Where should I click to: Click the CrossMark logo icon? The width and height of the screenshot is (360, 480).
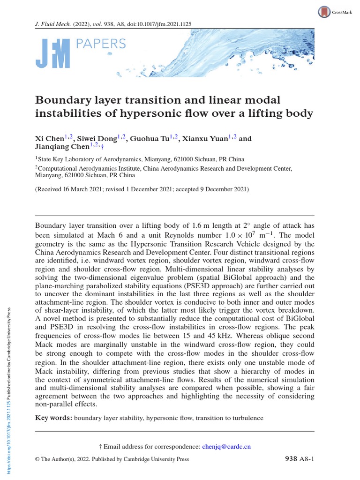[323, 12]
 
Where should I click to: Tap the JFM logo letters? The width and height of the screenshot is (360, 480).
[52, 53]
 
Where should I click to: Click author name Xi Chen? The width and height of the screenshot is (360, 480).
[46, 139]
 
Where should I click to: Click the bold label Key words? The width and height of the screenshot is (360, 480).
[53, 418]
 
